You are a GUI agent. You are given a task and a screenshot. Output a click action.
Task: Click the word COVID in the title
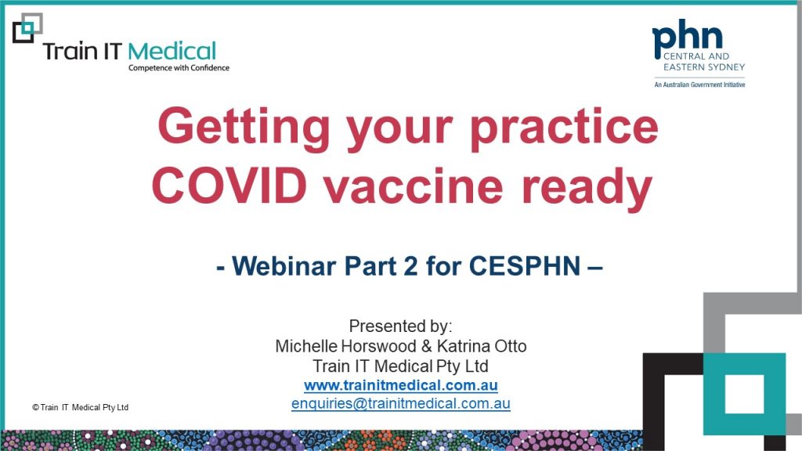click(x=229, y=186)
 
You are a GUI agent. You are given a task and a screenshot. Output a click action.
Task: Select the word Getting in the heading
click(x=244, y=128)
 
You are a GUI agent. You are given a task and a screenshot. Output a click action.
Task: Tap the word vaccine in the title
click(x=414, y=186)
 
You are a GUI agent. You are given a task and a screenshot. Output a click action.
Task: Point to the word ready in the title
click(x=587, y=190)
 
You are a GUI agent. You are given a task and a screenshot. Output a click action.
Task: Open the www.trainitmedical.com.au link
click(x=401, y=385)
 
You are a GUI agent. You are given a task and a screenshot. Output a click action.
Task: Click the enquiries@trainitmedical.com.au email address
click(x=401, y=403)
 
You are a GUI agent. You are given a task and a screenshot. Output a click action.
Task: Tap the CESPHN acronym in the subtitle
click(x=525, y=266)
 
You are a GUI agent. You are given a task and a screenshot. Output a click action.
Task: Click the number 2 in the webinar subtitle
click(x=410, y=266)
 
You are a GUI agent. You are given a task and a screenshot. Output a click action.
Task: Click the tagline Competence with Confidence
click(x=179, y=68)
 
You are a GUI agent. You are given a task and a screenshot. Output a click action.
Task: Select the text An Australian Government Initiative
click(x=699, y=85)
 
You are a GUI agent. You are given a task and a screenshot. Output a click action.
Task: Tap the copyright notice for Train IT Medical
click(x=81, y=407)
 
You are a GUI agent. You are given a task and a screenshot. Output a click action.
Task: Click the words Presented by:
click(x=400, y=327)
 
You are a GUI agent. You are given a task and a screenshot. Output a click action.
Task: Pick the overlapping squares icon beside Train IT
click(x=27, y=27)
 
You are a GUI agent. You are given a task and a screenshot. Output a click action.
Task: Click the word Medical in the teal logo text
click(x=172, y=52)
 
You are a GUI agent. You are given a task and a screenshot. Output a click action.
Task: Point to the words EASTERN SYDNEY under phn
click(x=704, y=67)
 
